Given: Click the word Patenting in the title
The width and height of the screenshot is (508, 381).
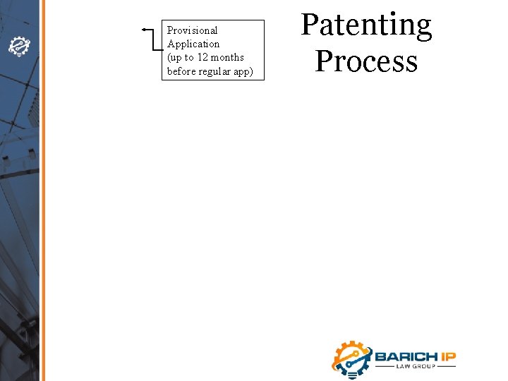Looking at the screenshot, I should [x=366, y=26].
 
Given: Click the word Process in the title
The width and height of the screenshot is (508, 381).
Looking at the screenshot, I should [x=366, y=61].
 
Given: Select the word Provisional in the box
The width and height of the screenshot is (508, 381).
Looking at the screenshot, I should [x=192, y=30].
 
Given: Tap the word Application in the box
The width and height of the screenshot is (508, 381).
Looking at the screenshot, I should [x=193, y=44].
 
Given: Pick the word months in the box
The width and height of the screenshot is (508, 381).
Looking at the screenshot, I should [x=228, y=58].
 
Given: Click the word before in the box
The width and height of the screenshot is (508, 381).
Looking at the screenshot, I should [x=181, y=71].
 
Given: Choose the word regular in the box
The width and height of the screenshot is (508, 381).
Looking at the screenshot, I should [x=214, y=71].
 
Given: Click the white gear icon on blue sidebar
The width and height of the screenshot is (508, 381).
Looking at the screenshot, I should [x=18, y=47].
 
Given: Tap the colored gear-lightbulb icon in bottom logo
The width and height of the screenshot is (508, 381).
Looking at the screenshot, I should [x=351, y=358].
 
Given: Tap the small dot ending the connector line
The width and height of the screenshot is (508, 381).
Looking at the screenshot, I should [x=143, y=30].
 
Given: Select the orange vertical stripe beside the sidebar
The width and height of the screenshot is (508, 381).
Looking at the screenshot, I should [x=42, y=190].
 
